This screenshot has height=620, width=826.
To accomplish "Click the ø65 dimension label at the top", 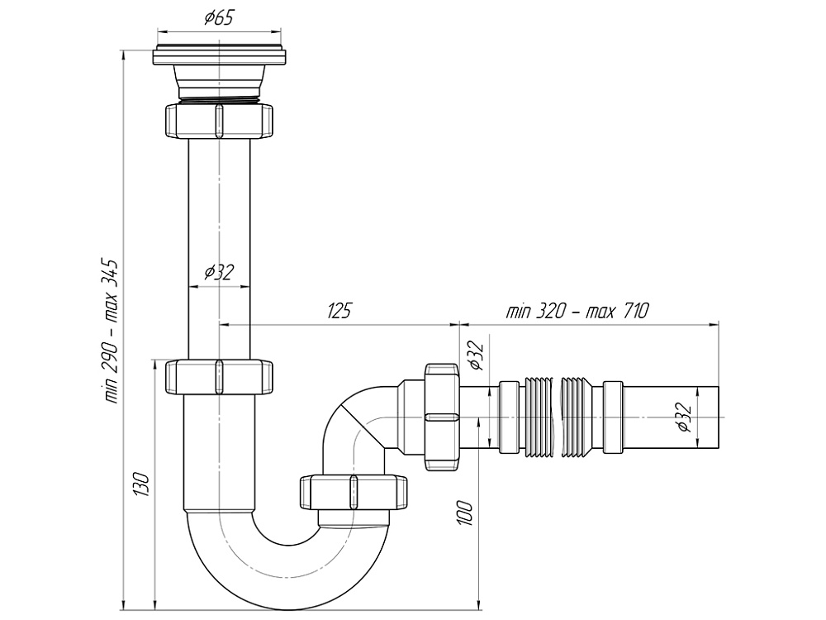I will pyautogui.click(x=218, y=17).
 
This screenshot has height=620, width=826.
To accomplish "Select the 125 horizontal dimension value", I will pyautogui.click(x=339, y=311).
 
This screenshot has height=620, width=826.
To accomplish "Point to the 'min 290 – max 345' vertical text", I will pyautogui.click(x=112, y=331).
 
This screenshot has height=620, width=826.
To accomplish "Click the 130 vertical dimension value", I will pyautogui.click(x=141, y=484).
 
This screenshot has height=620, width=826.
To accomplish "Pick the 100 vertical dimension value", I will pyautogui.click(x=464, y=513).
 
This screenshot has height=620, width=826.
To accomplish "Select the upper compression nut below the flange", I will pyautogui.click(x=219, y=121).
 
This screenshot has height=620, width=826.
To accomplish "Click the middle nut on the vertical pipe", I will pyautogui.click(x=219, y=376).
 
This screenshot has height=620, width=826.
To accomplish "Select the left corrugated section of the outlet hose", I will pyautogui.click(x=537, y=417).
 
